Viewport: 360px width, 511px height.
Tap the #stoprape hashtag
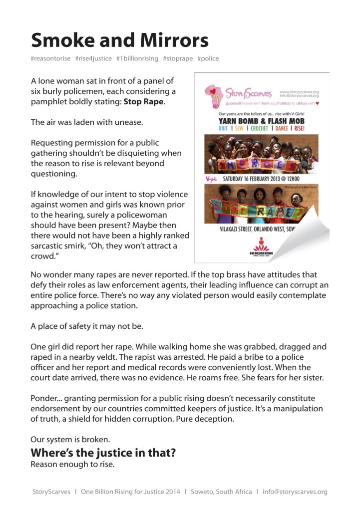click(177, 58)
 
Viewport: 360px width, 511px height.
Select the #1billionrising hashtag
click(137, 58)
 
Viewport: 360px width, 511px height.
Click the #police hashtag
click(208, 58)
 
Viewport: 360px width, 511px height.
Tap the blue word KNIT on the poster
click(225, 128)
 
